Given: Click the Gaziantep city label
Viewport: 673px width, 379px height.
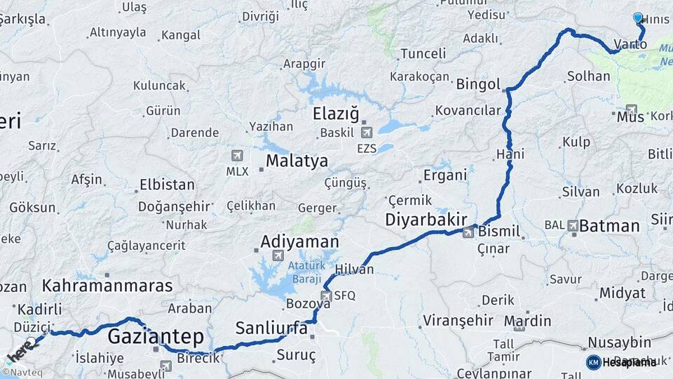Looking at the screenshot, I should [x=156, y=336].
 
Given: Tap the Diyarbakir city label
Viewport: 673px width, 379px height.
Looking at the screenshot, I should [x=426, y=220].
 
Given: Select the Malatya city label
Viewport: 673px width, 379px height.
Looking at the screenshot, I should [x=297, y=161].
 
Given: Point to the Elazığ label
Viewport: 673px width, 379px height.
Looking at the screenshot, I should [x=335, y=114].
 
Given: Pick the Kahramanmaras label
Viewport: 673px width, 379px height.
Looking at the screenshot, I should [x=107, y=286].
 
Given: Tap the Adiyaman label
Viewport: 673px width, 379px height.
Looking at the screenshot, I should [x=299, y=241].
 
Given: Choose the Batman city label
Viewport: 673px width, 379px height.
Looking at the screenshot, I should [x=610, y=226].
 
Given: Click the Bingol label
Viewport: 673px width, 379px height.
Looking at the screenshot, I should [x=478, y=84].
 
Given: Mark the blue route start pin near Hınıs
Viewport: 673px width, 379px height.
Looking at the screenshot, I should [x=638, y=18].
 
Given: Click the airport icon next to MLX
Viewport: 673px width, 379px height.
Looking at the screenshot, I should [x=237, y=155].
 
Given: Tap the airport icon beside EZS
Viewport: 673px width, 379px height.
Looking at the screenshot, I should [x=366, y=132].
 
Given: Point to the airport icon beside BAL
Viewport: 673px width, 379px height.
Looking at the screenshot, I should [x=573, y=225].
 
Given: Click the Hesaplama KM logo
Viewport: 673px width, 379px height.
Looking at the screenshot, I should [x=621, y=362].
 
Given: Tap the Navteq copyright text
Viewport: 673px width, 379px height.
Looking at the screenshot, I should [x=21, y=372].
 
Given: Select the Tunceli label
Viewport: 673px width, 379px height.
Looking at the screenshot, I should [x=423, y=53].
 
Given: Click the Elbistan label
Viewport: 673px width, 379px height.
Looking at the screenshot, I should [x=167, y=185].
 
